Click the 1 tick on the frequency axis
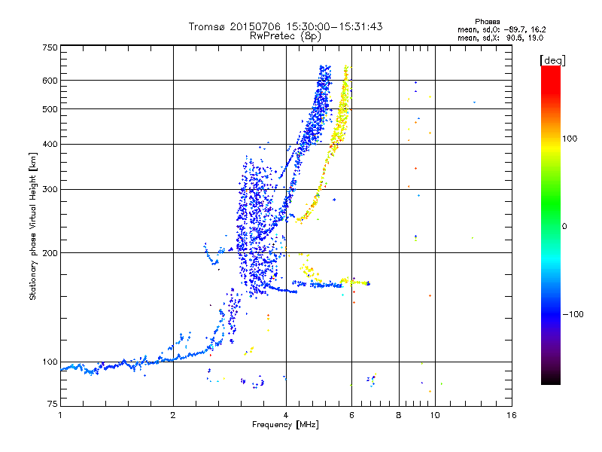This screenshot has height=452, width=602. tap(60, 414)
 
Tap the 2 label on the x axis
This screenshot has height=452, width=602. tap(173, 414)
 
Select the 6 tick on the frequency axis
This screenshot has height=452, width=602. tap(351, 414)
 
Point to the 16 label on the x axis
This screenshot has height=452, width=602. tap(512, 414)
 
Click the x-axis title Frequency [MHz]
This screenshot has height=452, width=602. tap(286, 426)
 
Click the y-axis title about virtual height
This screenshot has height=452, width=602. tap(33, 226)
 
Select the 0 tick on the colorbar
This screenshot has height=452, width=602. tap(564, 226)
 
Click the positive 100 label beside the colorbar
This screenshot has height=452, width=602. tap(570, 139)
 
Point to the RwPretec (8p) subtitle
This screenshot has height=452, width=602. tap(286, 35)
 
